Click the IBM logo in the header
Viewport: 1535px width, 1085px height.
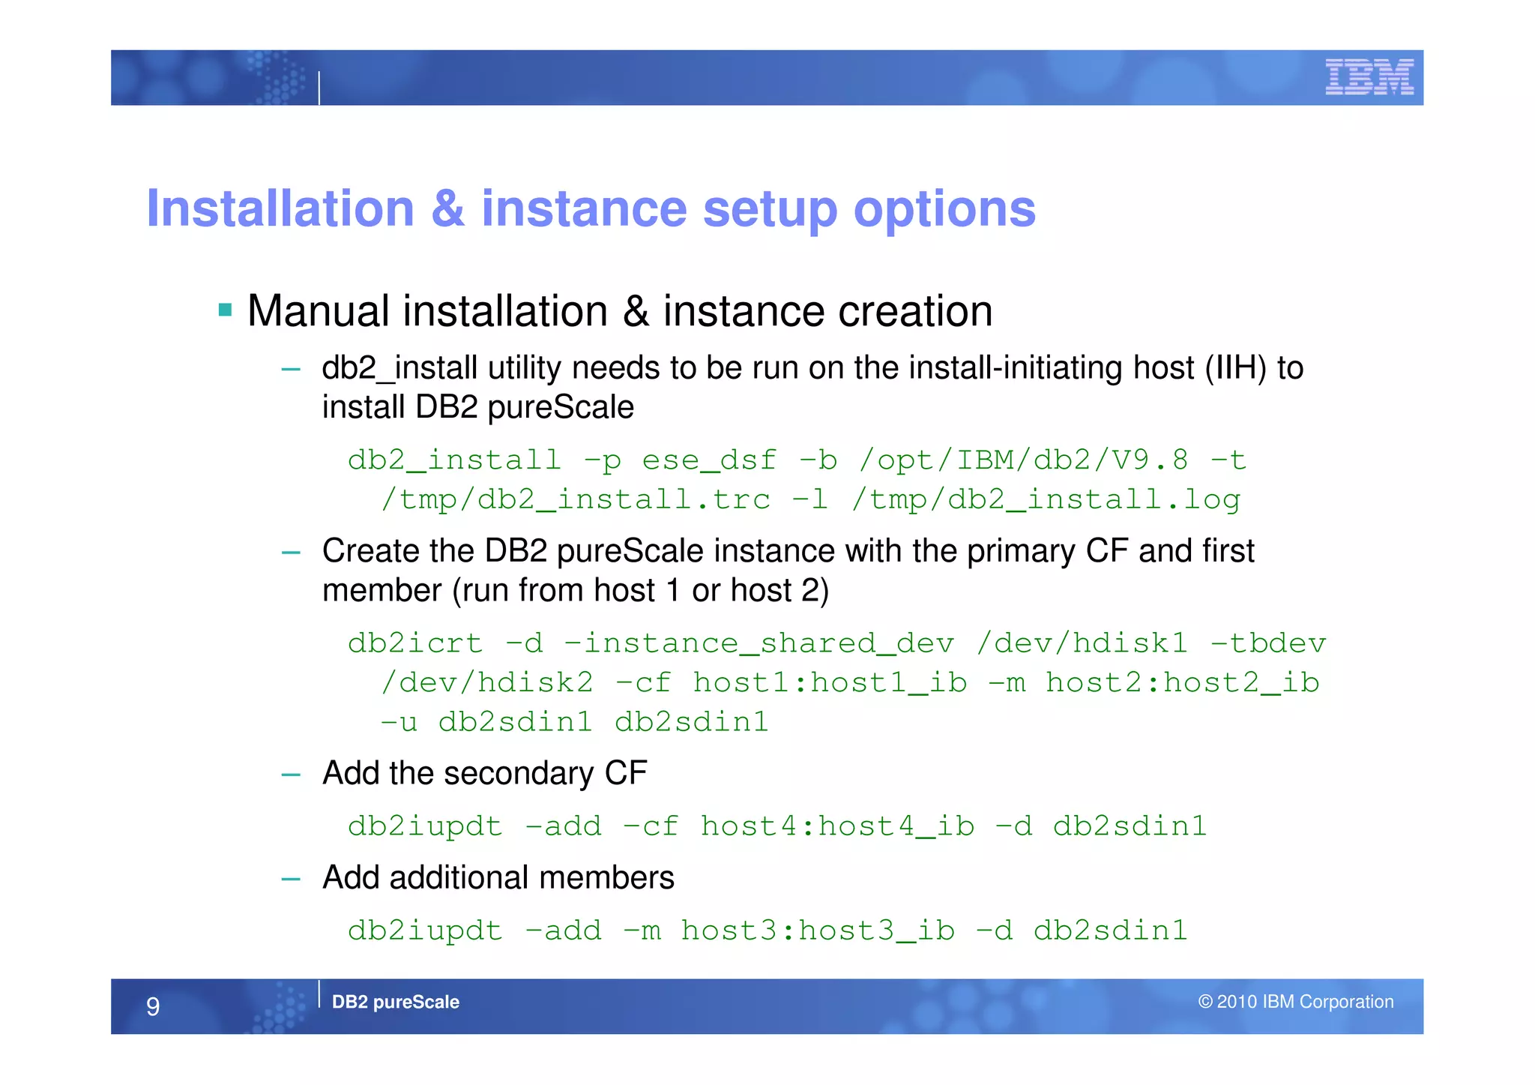click(1369, 77)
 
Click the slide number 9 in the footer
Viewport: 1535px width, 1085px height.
click(153, 1006)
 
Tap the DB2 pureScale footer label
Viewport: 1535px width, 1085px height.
click(395, 1002)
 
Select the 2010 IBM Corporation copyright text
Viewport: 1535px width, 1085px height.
click(1295, 1002)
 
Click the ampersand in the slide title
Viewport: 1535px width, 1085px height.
click(447, 208)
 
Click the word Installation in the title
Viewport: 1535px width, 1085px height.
click(280, 208)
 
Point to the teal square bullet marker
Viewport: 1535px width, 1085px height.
click(225, 310)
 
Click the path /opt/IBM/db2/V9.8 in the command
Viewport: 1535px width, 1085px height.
click(1023, 460)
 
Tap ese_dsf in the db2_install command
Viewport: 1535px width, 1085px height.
click(709, 460)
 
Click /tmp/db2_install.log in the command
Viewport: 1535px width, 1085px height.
click(1046, 499)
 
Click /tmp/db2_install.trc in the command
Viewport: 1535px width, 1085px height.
click(576, 499)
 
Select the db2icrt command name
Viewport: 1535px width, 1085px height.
click(415, 643)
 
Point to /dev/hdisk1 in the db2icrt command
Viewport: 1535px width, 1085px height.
click(1082, 643)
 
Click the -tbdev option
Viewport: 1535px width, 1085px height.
click(1268, 643)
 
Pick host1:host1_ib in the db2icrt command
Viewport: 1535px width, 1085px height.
click(830, 683)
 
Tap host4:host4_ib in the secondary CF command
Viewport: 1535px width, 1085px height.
click(837, 826)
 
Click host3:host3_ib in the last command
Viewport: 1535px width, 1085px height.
click(818, 931)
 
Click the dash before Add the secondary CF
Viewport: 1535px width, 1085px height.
click(291, 775)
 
